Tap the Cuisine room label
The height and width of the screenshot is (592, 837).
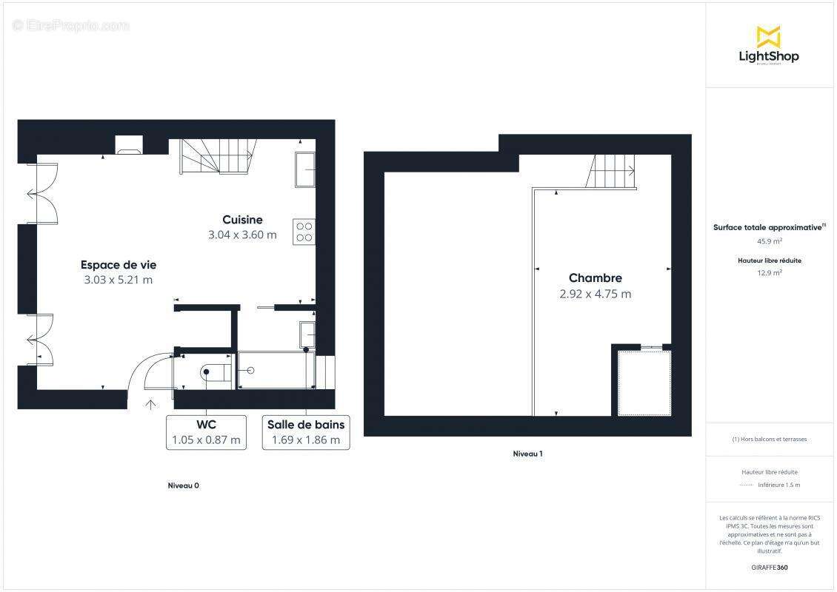pos(242,220)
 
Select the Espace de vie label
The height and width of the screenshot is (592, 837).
pos(119,265)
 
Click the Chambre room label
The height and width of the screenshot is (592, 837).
pos(596,278)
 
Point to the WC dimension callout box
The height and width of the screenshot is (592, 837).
pos(206,432)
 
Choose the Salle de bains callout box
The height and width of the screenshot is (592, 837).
pos(306,432)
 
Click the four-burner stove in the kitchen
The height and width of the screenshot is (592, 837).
pos(304,232)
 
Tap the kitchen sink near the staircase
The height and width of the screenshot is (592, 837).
pos(304,170)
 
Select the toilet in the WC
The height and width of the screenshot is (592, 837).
pos(210,372)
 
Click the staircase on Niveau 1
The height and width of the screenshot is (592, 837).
pos(612,171)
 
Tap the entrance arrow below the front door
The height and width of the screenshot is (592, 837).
pos(151,404)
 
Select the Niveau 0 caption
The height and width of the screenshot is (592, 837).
pos(184,485)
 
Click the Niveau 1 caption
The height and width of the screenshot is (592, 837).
pos(528,454)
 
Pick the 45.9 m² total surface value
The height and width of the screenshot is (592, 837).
pos(770,240)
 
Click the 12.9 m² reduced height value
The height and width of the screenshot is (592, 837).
pos(770,272)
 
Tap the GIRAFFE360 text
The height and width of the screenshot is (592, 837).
pos(770,568)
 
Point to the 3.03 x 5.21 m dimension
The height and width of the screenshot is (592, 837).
pos(119,280)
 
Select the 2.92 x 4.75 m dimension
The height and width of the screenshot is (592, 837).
pos(596,294)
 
